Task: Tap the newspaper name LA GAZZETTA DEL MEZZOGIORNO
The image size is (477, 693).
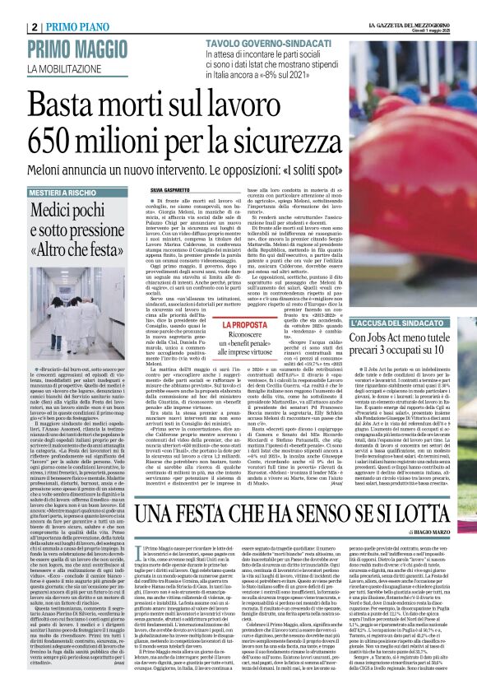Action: (398, 6)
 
